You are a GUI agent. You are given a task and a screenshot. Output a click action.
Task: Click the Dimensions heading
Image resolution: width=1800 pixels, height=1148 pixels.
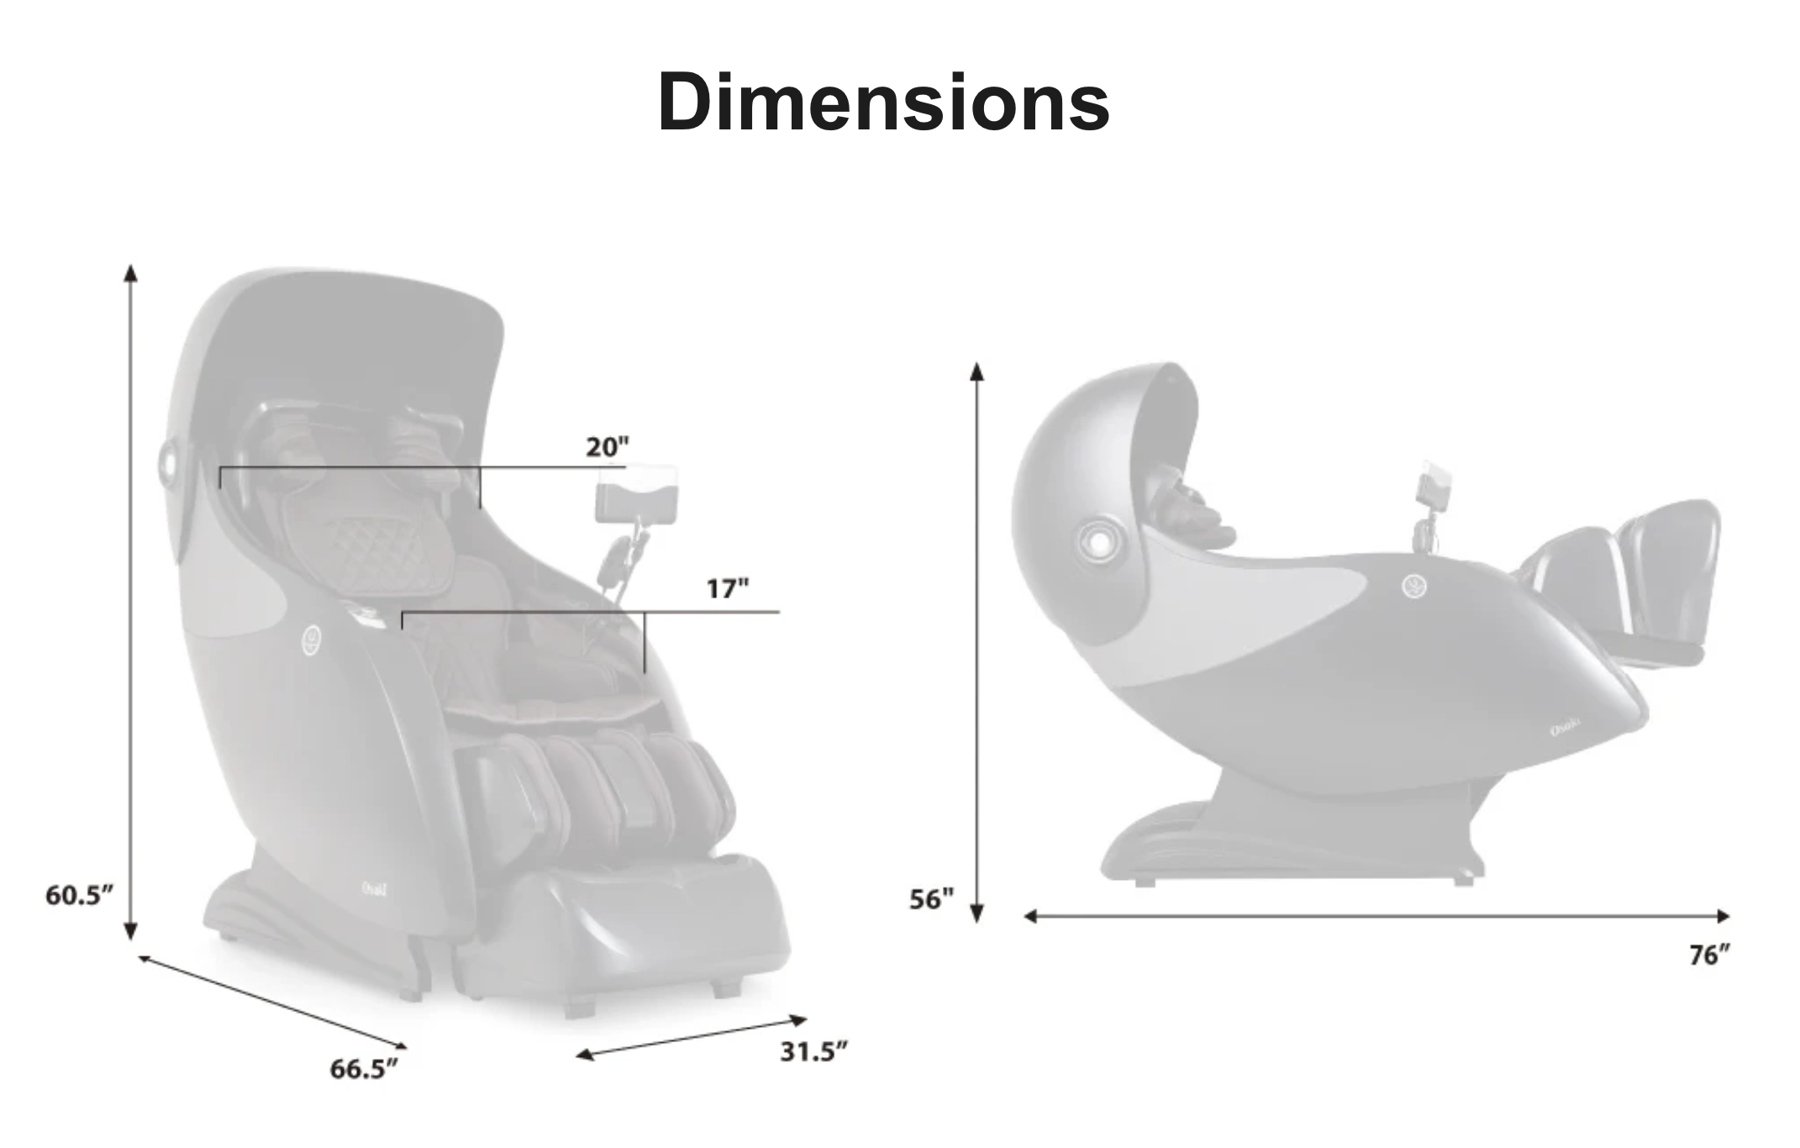883,102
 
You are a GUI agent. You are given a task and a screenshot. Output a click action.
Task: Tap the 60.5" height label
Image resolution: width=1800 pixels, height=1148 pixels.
79,895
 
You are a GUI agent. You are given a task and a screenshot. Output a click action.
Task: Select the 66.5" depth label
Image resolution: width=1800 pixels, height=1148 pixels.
363,1069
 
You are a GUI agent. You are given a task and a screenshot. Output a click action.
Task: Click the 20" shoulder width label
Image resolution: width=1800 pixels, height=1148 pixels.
608,447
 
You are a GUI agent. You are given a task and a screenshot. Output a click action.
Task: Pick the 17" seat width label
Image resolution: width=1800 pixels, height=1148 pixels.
727,588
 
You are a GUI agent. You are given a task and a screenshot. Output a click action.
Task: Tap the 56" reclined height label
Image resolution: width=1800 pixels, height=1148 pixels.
932,899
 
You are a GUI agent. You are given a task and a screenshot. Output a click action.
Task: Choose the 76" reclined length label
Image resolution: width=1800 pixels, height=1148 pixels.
1711,956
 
